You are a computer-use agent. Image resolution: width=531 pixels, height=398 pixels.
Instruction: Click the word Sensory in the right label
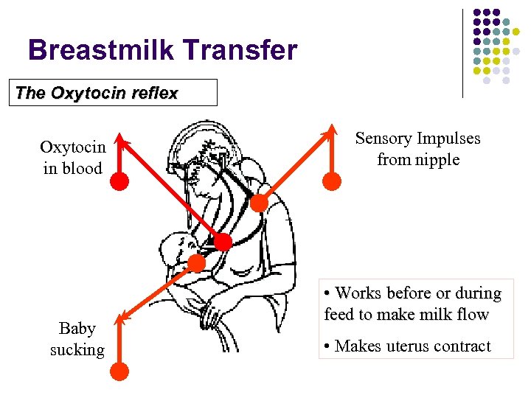tap(383, 139)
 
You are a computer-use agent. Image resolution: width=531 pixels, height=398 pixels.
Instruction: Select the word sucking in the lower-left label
tap(77, 349)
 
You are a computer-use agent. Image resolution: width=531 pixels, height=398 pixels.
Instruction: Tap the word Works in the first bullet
tap(358, 293)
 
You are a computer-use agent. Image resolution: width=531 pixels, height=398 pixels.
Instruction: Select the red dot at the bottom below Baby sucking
tap(119, 371)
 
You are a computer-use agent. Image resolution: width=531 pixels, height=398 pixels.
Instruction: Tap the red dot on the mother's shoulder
tap(259, 202)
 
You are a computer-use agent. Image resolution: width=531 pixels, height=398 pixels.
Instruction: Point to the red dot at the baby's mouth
tap(196, 263)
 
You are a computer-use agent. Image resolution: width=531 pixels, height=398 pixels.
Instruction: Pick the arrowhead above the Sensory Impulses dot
tap(331, 128)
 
